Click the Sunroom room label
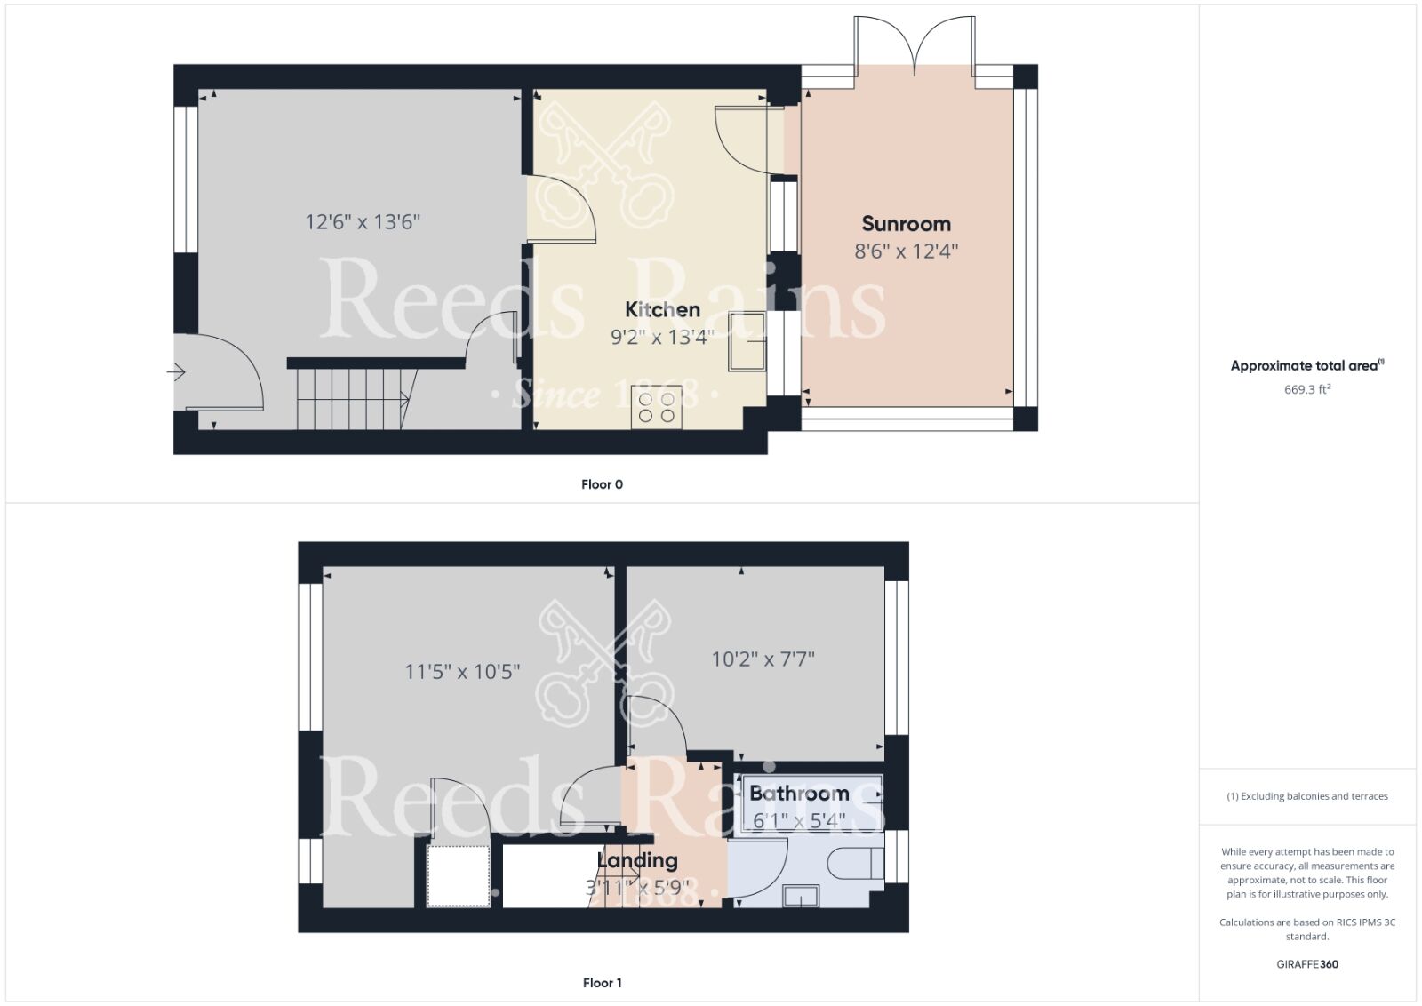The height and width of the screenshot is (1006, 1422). [906, 224]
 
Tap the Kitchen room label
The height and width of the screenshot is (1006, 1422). [662, 309]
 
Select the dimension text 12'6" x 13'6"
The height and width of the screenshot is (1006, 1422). [363, 221]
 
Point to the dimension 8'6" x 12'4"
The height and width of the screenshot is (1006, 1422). [906, 251]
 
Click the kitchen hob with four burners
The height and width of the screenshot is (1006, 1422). [657, 407]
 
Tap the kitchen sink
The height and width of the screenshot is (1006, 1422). [747, 341]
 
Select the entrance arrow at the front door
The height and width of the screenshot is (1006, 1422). [176, 372]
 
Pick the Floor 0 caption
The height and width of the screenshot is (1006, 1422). [602, 484]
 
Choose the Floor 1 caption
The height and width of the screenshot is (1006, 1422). [602, 983]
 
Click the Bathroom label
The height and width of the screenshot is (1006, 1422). [799, 793]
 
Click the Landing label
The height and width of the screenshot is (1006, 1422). [637, 860]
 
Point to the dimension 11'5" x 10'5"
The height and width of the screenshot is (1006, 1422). [462, 672]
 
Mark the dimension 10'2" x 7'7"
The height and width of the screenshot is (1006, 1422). [763, 659]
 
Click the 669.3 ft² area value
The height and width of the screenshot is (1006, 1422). [1306, 389]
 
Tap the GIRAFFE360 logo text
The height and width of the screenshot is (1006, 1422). [1307, 964]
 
